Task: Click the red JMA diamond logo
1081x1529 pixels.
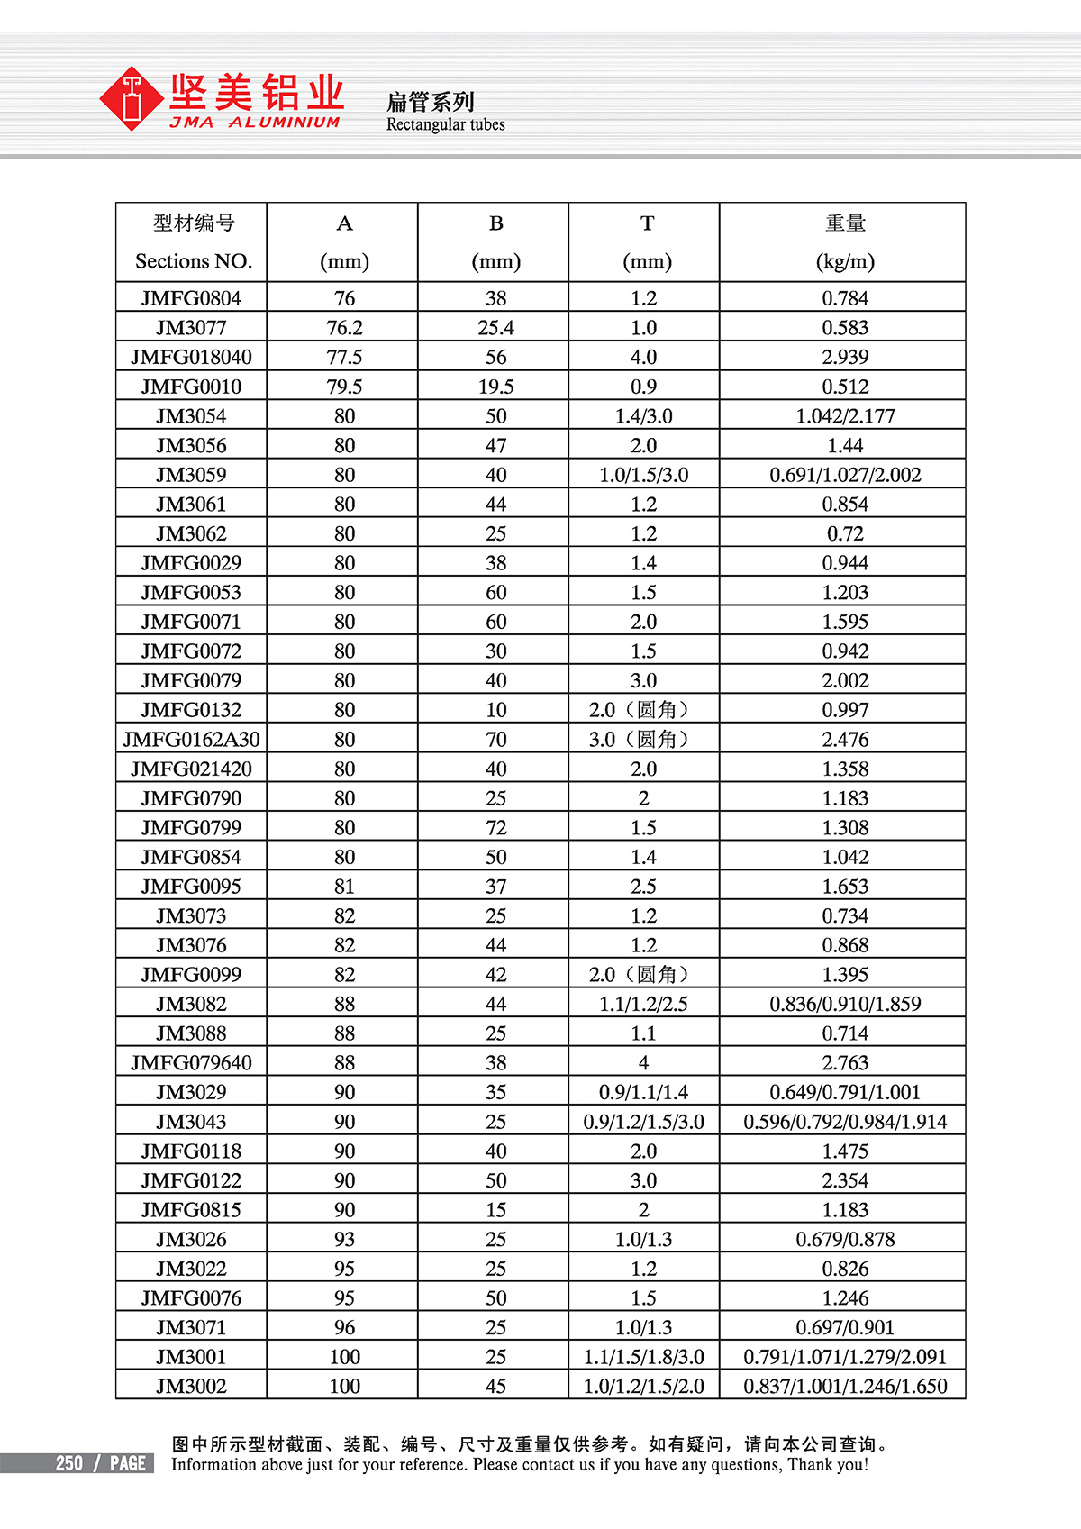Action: point(132,98)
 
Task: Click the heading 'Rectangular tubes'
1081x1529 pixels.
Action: point(445,124)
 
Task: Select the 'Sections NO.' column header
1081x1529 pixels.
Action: point(193,261)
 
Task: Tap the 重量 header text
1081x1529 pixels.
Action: point(844,223)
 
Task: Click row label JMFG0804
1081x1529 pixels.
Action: point(191,298)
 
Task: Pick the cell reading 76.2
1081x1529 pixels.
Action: point(344,328)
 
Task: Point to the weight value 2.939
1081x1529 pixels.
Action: point(844,357)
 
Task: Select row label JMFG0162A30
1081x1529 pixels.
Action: point(191,740)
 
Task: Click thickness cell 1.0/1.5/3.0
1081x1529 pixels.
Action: point(643,475)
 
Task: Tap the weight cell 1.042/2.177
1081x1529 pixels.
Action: point(844,416)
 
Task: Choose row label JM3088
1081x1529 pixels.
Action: point(191,1033)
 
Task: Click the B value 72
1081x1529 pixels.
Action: point(495,828)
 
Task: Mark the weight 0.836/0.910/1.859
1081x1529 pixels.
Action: point(844,1004)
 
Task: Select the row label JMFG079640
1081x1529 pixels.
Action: point(191,1063)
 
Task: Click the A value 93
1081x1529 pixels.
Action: point(344,1240)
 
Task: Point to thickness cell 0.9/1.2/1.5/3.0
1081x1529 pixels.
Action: point(643,1122)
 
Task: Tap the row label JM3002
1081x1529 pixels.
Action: point(191,1387)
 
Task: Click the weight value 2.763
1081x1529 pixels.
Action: point(844,1063)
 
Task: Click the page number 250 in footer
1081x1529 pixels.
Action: point(69,1463)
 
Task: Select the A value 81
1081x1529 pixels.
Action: point(344,887)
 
